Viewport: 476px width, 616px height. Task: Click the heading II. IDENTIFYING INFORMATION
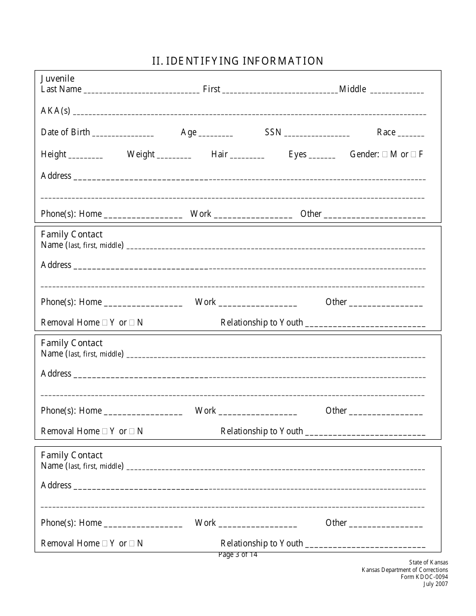click(238, 61)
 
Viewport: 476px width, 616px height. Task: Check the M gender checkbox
click(385, 154)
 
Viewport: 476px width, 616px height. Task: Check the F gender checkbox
click(413, 154)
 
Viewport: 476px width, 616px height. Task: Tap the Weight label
click(141, 154)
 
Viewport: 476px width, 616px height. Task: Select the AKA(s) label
click(56, 111)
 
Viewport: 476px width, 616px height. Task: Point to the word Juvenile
click(58, 79)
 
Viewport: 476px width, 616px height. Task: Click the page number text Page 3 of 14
click(238, 554)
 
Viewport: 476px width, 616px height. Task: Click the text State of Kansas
click(428, 562)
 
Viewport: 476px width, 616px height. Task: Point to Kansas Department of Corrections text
click(405, 569)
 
